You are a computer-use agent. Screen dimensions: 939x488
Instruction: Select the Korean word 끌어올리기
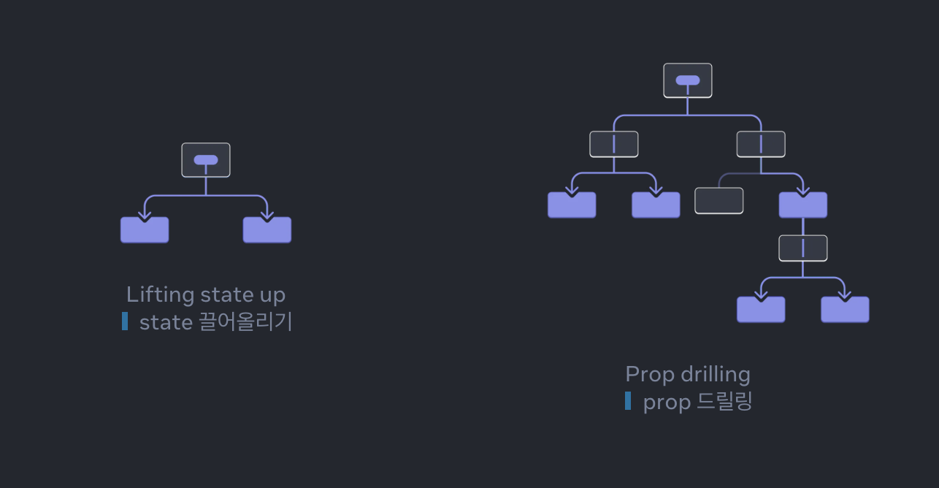click(245, 321)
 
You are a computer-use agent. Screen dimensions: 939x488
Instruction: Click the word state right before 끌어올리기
click(166, 321)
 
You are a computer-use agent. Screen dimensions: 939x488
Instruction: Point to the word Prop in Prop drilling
click(649, 374)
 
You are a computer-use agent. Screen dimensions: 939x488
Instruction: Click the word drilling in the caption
click(715, 374)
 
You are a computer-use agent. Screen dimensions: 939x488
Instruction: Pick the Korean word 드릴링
click(724, 401)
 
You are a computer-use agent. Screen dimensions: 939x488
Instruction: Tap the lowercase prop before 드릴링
click(667, 402)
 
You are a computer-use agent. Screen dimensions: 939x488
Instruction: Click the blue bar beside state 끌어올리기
click(125, 321)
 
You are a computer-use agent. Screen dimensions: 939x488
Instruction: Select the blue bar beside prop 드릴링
click(628, 400)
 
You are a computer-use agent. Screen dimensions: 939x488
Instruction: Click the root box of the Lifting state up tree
click(206, 160)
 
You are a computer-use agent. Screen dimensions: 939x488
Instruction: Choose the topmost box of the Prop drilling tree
click(687, 80)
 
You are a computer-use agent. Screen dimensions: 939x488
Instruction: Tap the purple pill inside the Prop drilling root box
click(687, 80)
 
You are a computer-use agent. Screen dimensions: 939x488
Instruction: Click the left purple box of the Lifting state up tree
click(145, 230)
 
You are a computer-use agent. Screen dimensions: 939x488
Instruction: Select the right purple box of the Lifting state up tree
click(267, 230)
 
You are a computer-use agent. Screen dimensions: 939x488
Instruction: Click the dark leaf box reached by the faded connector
click(718, 201)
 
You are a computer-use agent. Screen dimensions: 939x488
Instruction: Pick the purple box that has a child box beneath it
click(802, 205)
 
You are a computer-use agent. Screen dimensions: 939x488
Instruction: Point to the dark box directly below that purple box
click(802, 248)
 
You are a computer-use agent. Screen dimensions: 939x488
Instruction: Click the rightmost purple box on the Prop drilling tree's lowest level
click(845, 310)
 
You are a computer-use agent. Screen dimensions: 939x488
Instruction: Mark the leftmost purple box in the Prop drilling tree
click(572, 205)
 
